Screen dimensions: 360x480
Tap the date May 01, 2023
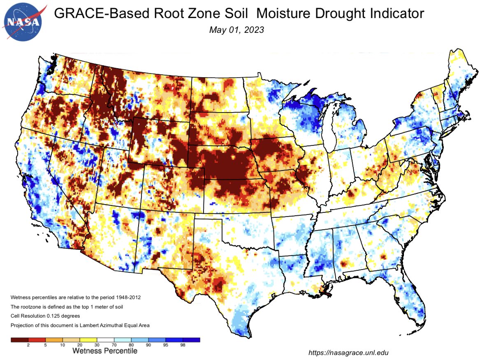pyautogui.click(x=236, y=30)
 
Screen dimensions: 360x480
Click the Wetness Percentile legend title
pyautogui.click(x=105, y=351)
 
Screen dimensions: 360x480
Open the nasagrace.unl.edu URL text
pyautogui.click(x=348, y=352)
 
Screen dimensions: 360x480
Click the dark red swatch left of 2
pyautogui.click(x=19, y=340)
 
